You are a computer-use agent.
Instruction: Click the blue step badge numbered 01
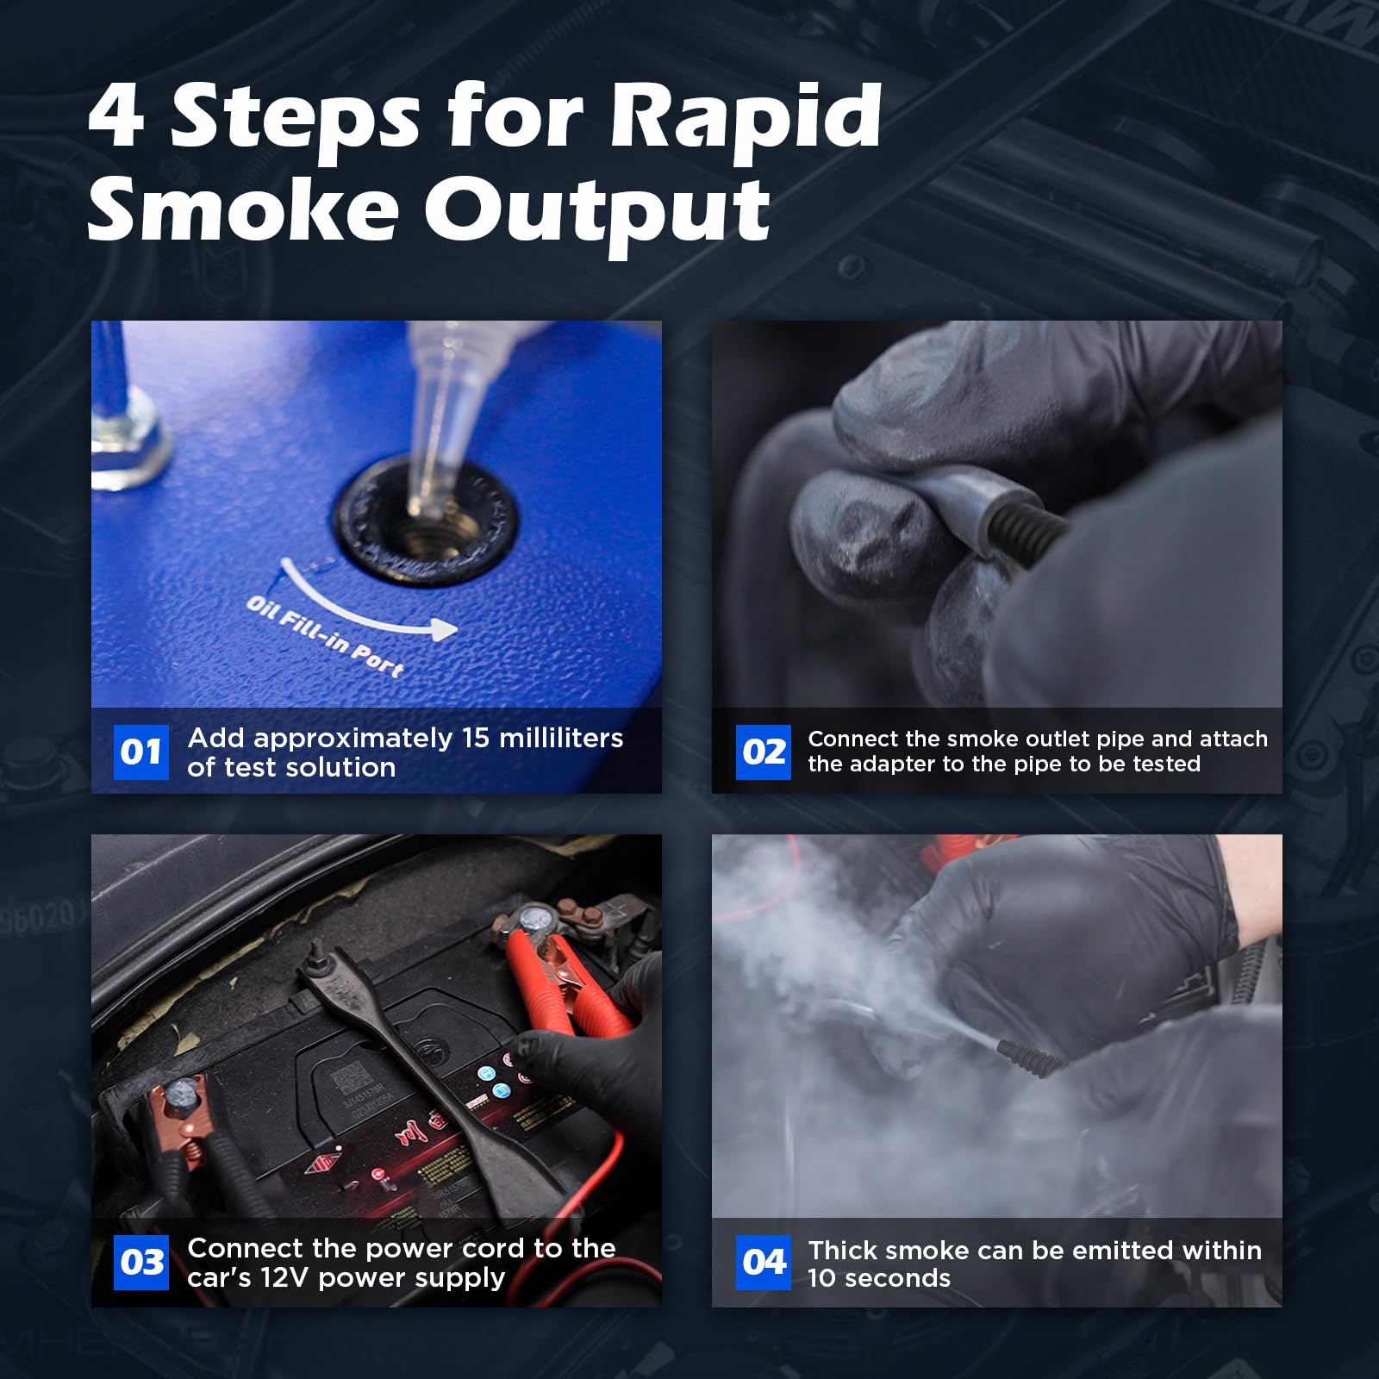(x=141, y=752)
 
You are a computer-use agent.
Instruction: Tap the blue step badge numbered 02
(x=763, y=752)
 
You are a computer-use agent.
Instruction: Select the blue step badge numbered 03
(x=141, y=1263)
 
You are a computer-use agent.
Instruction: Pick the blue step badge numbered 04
(x=763, y=1263)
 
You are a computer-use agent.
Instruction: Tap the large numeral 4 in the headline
(x=116, y=115)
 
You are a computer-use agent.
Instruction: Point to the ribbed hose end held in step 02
(x=1026, y=521)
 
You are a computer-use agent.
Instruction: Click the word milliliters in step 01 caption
(x=561, y=738)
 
